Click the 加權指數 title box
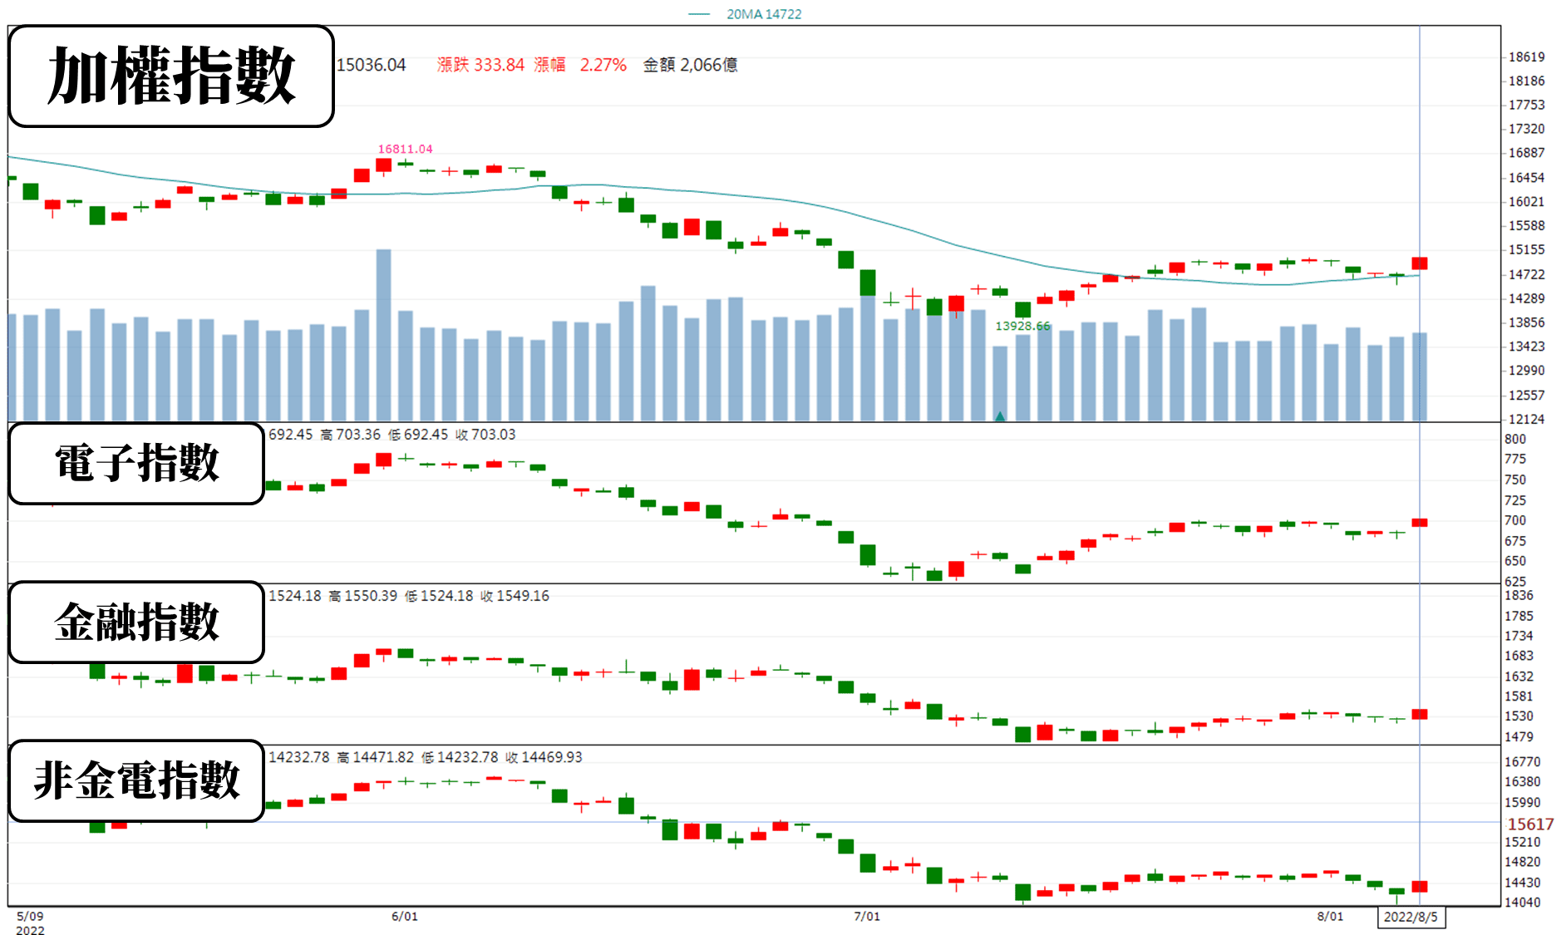[x=171, y=76]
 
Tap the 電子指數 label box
[x=136, y=463]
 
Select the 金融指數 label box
[x=136, y=622]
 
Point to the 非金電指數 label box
[x=136, y=780]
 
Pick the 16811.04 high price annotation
[x=405, y=149]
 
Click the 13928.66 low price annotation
[x=1022, y=326]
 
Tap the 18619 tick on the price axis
[x=1527, y=57]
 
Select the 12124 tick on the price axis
[x=1527, y=419]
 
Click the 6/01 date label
[x=405, y=916]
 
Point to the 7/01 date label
[x=867, y=916]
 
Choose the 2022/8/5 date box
[x=1411, y=917]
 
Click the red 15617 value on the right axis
[x=1530, y=824]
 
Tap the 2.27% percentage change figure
[x=603, y=65]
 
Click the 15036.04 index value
[x=372, y=65]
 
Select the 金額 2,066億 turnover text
[x=690, y=65]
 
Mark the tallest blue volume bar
[x=383, y=335]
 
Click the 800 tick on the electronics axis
[x=1515, y=439]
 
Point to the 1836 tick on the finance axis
[x=1519, y=595]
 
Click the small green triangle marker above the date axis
[x=1000, y=416]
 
